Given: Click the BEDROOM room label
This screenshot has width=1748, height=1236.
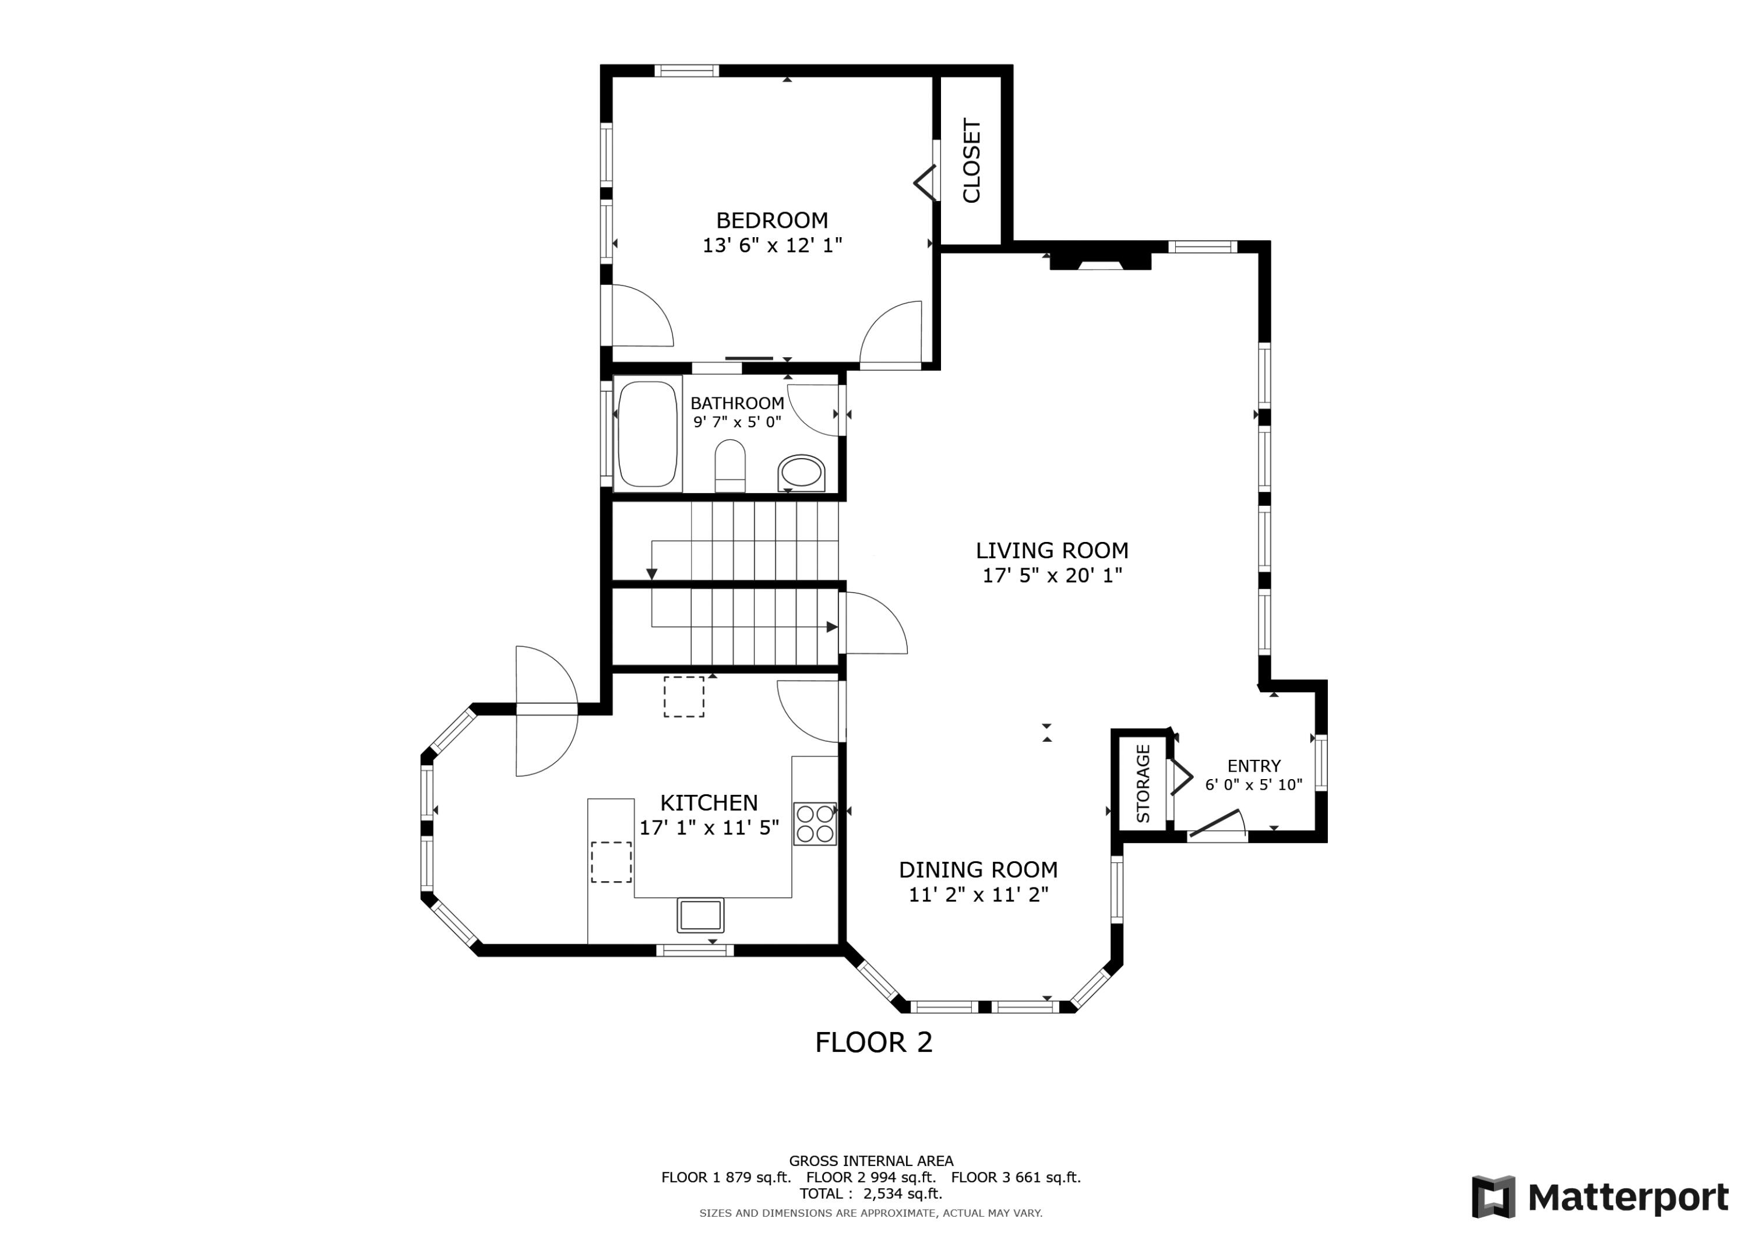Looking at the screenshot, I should (771, 221).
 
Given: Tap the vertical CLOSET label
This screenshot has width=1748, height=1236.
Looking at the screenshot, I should (971, 161).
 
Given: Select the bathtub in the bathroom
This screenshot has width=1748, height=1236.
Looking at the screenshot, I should (647, 434).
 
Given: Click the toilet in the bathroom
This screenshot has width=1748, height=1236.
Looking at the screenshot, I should (729, 465).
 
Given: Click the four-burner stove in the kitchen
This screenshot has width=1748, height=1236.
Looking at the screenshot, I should (814, 824).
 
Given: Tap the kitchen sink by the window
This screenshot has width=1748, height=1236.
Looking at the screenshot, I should (700, 915).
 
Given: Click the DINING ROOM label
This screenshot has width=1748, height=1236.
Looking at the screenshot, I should (978, 869).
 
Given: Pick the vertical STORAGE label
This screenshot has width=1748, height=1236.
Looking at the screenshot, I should (1143, 784).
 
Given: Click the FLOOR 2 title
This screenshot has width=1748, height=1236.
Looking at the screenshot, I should (873, 1043).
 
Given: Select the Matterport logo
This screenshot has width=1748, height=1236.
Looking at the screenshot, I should (1599, 1197).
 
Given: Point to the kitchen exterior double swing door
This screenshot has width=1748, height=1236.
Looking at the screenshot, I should (546, 710).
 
